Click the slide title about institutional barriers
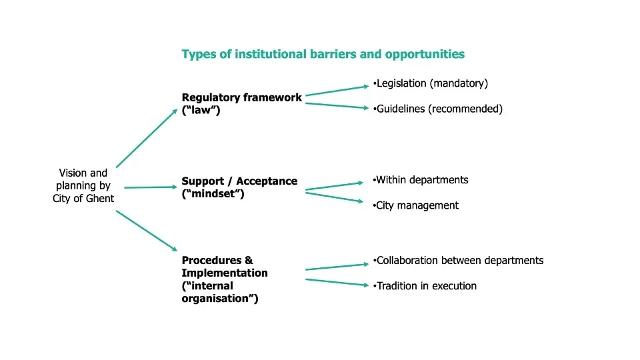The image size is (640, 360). click(x=323, y=54)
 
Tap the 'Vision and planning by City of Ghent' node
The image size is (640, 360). click(x=83, y=185)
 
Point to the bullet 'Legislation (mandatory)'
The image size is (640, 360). click(x=432, y=83)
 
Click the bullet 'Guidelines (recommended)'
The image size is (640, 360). click(x=439, y=109)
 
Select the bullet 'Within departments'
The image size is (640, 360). click(x=421, y=180)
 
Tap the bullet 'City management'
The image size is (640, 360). click(x=417, y=205)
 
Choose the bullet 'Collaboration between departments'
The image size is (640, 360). click(x=459, y=260)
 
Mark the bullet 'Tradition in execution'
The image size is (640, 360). click(x=426, y=286)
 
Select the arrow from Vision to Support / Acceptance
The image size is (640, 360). click(x=151, y=187)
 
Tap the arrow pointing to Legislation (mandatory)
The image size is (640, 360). click(x=337, y=91)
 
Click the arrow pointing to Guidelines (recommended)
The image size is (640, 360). click(x=337, y=105)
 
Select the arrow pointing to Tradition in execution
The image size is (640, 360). click(x=337, y=283)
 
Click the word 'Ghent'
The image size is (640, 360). click(x=99, y=198)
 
